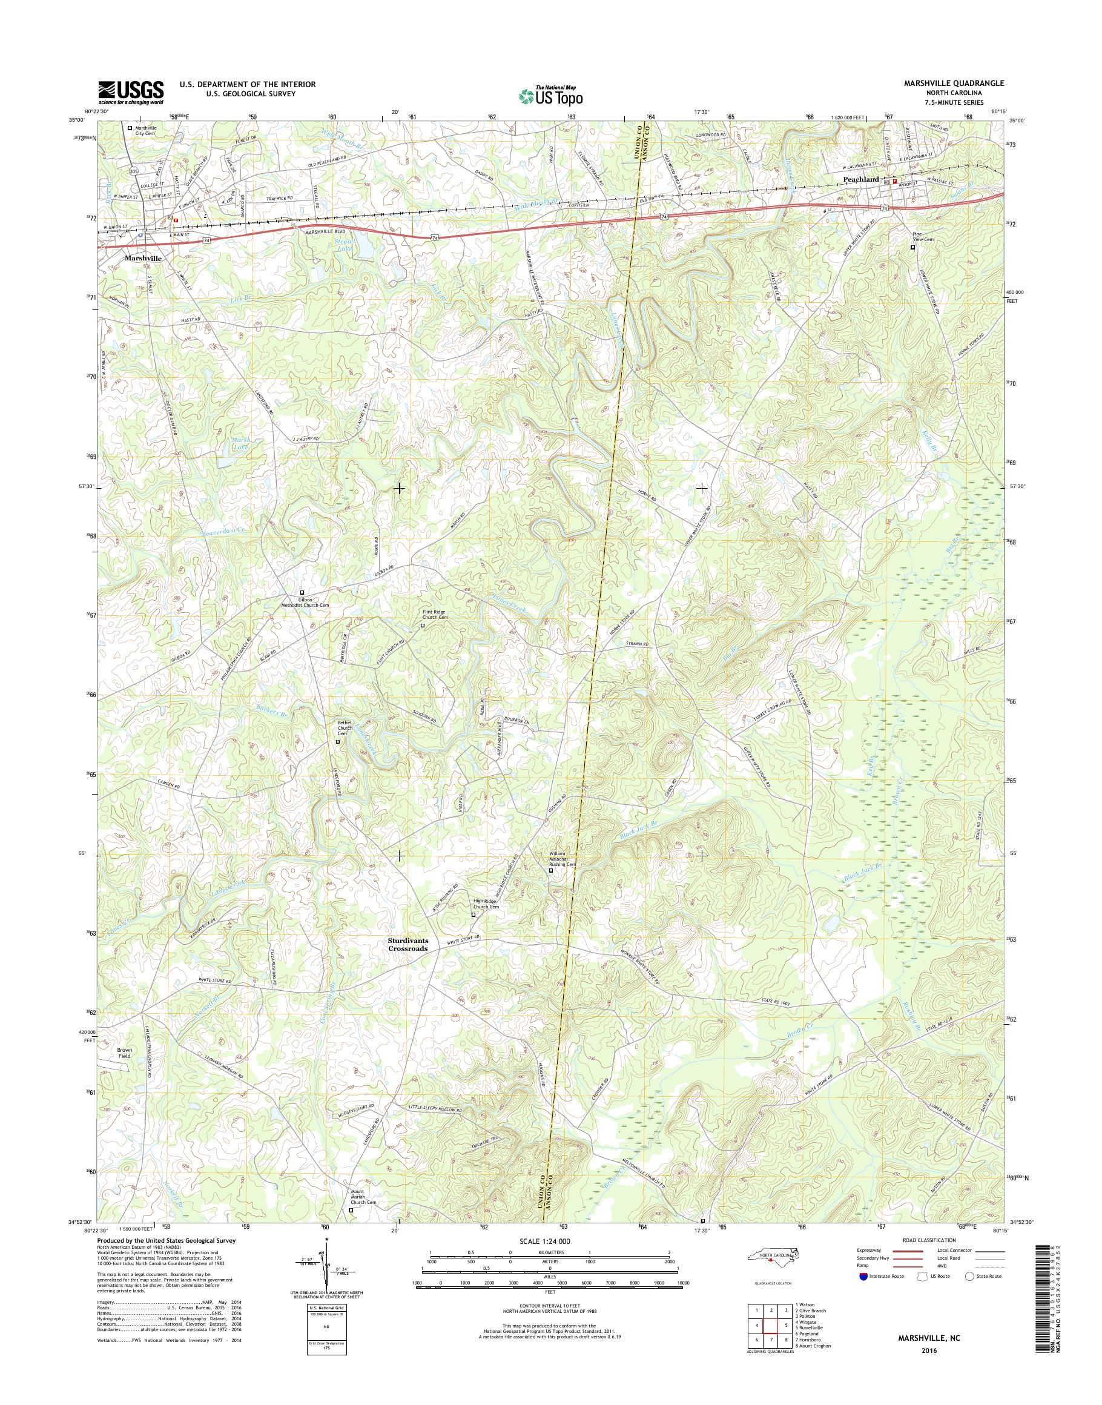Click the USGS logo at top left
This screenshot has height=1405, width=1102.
130,92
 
